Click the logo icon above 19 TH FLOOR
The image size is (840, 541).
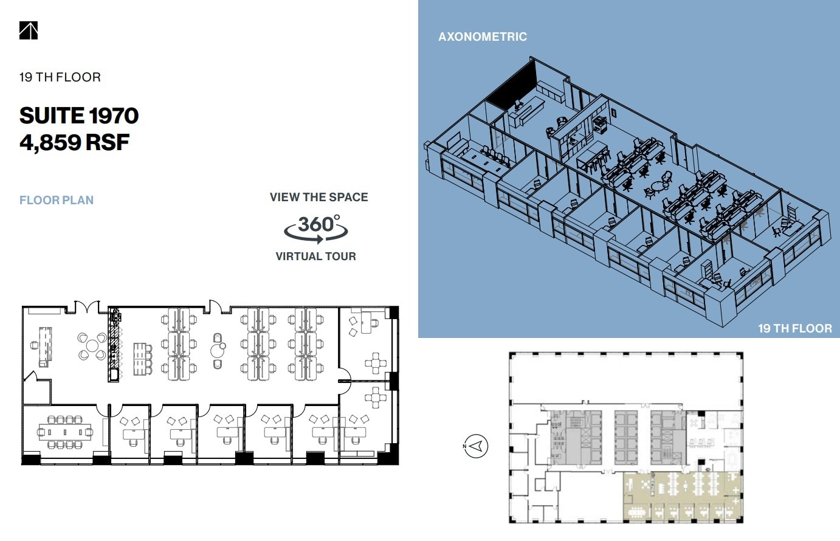coord(29,30)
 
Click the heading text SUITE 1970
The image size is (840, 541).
coord(79,115)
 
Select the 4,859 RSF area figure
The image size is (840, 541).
coord(74,142)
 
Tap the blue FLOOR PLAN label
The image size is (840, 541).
coord(57,200)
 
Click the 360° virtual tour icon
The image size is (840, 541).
coord(316,227)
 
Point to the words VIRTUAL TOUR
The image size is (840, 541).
coord(315,257)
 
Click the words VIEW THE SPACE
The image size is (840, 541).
coord(318,197)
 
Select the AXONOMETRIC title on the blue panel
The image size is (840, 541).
coord(483,36)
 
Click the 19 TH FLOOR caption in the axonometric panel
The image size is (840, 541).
coord(794,328)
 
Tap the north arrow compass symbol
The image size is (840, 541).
coord(475,446)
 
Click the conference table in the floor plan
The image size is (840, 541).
coord(65,432)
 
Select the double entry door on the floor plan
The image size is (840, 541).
coord(86,306)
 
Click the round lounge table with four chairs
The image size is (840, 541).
coord(91,346)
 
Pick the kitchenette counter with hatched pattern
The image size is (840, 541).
coord(114,345)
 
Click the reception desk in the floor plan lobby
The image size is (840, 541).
coord(45,346)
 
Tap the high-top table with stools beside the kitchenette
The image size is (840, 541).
coord(142,359)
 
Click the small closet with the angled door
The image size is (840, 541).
coord(35,388)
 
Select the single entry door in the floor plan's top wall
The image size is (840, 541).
coord(214,306)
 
